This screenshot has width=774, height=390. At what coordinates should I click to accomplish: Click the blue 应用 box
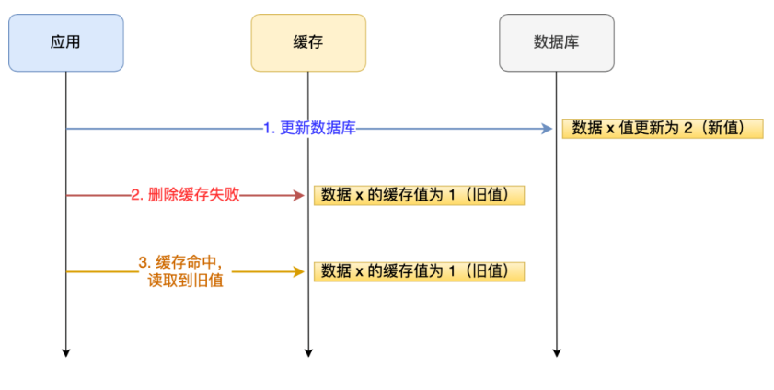65,42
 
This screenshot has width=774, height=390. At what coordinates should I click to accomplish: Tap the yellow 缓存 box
308,42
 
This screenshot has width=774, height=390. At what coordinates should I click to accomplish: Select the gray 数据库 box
556,42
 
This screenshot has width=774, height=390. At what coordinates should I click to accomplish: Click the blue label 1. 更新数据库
309,129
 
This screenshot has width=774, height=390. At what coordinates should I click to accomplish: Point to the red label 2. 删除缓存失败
185,195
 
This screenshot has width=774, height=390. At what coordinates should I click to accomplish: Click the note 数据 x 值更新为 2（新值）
663,129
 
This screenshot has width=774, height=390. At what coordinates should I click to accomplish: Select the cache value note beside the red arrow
419,195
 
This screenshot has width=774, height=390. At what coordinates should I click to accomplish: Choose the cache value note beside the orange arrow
419,271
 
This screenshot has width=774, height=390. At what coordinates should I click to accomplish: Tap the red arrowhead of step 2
298,195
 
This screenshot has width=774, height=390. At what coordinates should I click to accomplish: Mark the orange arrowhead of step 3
298,271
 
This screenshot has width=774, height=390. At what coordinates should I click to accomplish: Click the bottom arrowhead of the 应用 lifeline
65,351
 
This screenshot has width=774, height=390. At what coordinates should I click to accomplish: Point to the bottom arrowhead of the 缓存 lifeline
308,351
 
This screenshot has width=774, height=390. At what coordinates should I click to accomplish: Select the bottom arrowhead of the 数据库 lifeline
556,351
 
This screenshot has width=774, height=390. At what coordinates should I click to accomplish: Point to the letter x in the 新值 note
609,130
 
